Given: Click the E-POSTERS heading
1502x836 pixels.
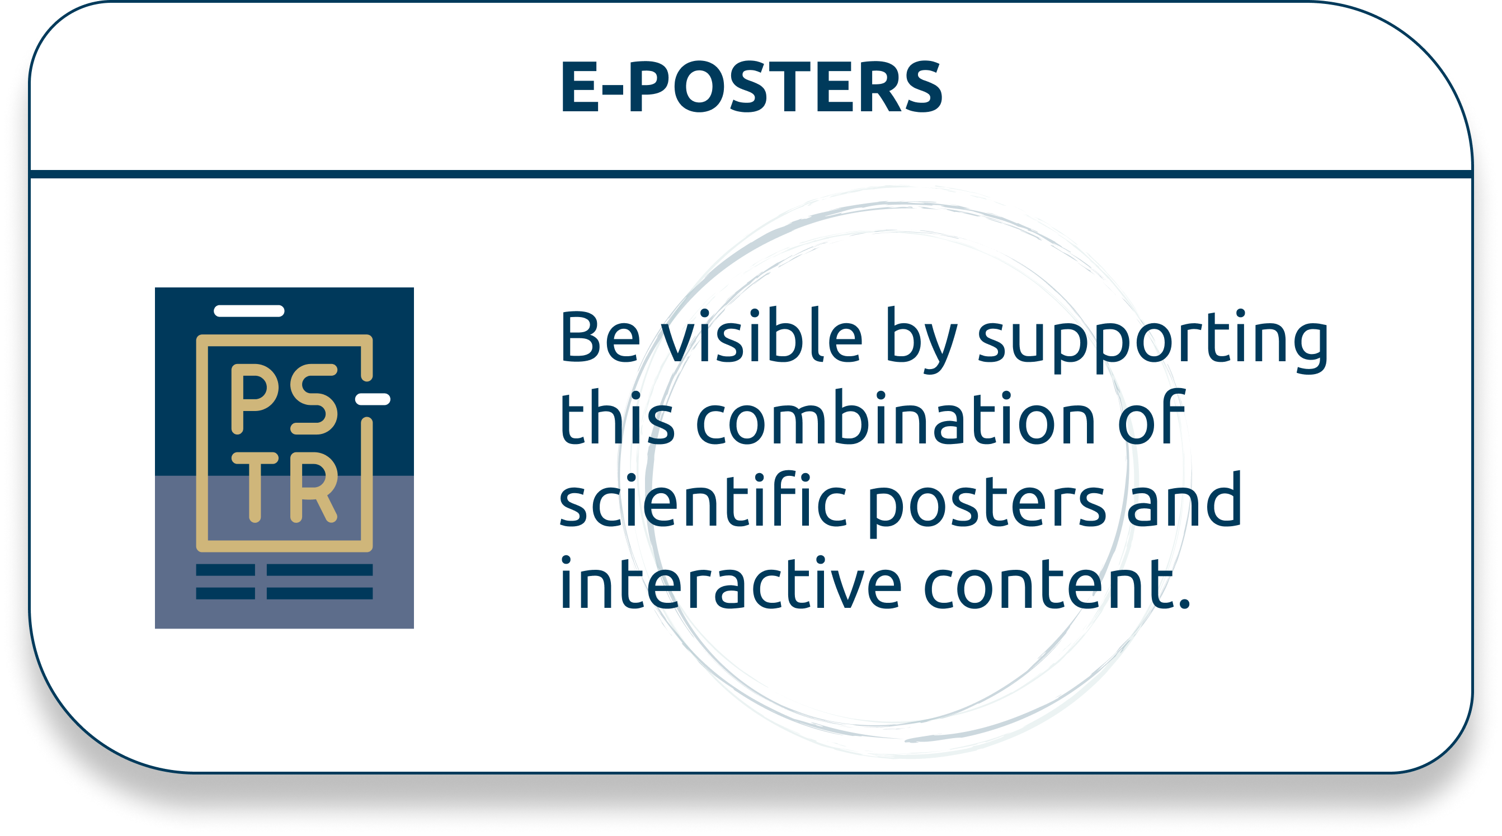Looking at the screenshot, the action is click(751, 87).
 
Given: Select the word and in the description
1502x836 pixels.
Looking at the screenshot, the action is click(1184, 499).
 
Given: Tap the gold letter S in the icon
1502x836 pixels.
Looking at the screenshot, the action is click(314, 399).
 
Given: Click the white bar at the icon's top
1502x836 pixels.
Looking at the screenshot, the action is click(249, 311).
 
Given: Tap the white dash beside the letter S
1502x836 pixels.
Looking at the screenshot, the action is click(373, 399).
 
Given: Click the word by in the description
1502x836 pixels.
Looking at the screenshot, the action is click(921, 341).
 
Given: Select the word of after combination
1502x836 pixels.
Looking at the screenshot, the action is click(1152, 417).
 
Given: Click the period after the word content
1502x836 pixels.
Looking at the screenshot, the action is click(1184, 603).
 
